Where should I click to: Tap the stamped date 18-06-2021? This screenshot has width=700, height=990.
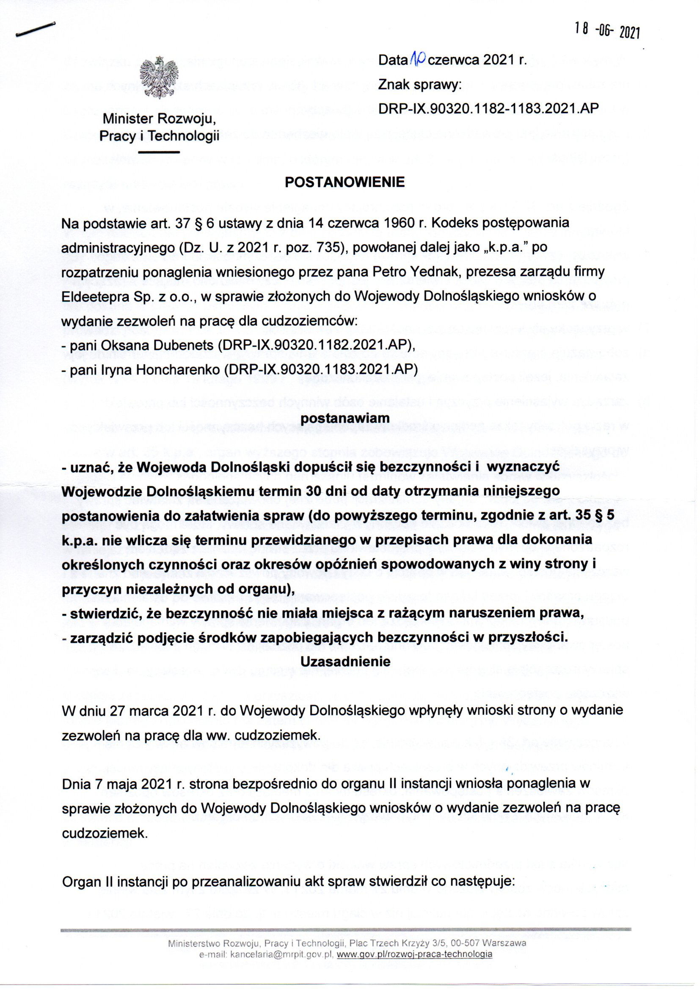click(x=607, y=30)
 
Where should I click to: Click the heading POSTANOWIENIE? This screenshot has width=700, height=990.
click(x=345, y=183)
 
